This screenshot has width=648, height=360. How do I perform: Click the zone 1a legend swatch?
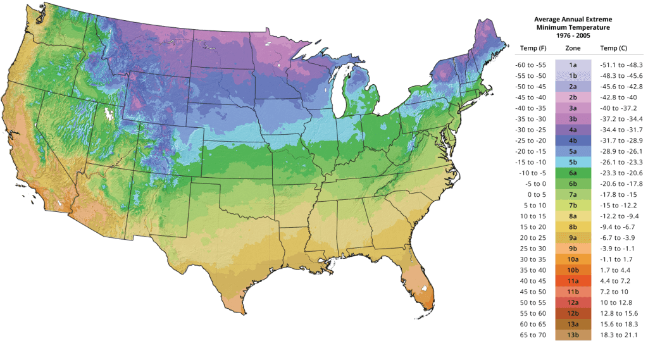click(x=573, y=65)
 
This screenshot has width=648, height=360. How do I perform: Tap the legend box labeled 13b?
click(x=573, y=335)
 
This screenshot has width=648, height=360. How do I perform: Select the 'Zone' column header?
click(x=573, y=48)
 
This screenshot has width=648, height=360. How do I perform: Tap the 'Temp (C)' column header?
click(x=613, y=48)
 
